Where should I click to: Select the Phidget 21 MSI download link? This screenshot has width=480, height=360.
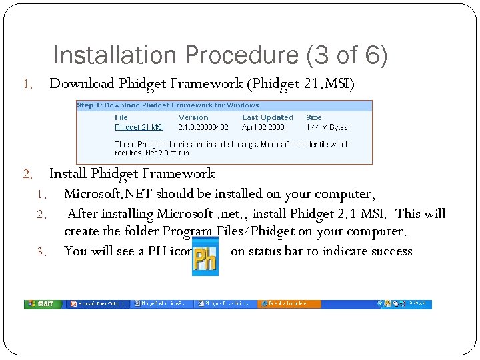click(139, 127)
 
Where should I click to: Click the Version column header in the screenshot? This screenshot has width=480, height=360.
click(193, 117)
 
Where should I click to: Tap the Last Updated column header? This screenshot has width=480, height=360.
click(267, 117)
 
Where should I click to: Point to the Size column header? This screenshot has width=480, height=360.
click(313, 117)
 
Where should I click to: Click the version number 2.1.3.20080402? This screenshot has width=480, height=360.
click(203, 127)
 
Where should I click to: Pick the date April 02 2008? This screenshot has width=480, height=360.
click(263, 127)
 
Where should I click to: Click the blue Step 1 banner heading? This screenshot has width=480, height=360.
click(167, 105)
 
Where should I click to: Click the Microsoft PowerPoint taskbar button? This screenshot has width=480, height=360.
click(97, 303)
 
